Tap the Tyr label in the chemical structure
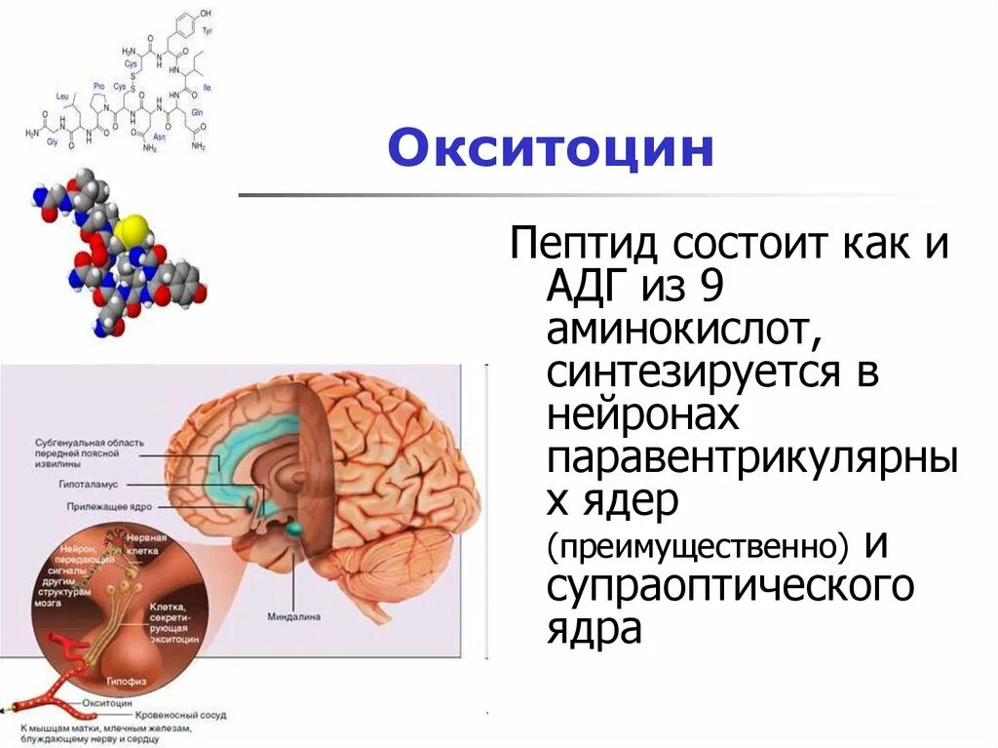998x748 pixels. tap(208, 30)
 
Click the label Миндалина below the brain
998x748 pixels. tap(293, 617)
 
